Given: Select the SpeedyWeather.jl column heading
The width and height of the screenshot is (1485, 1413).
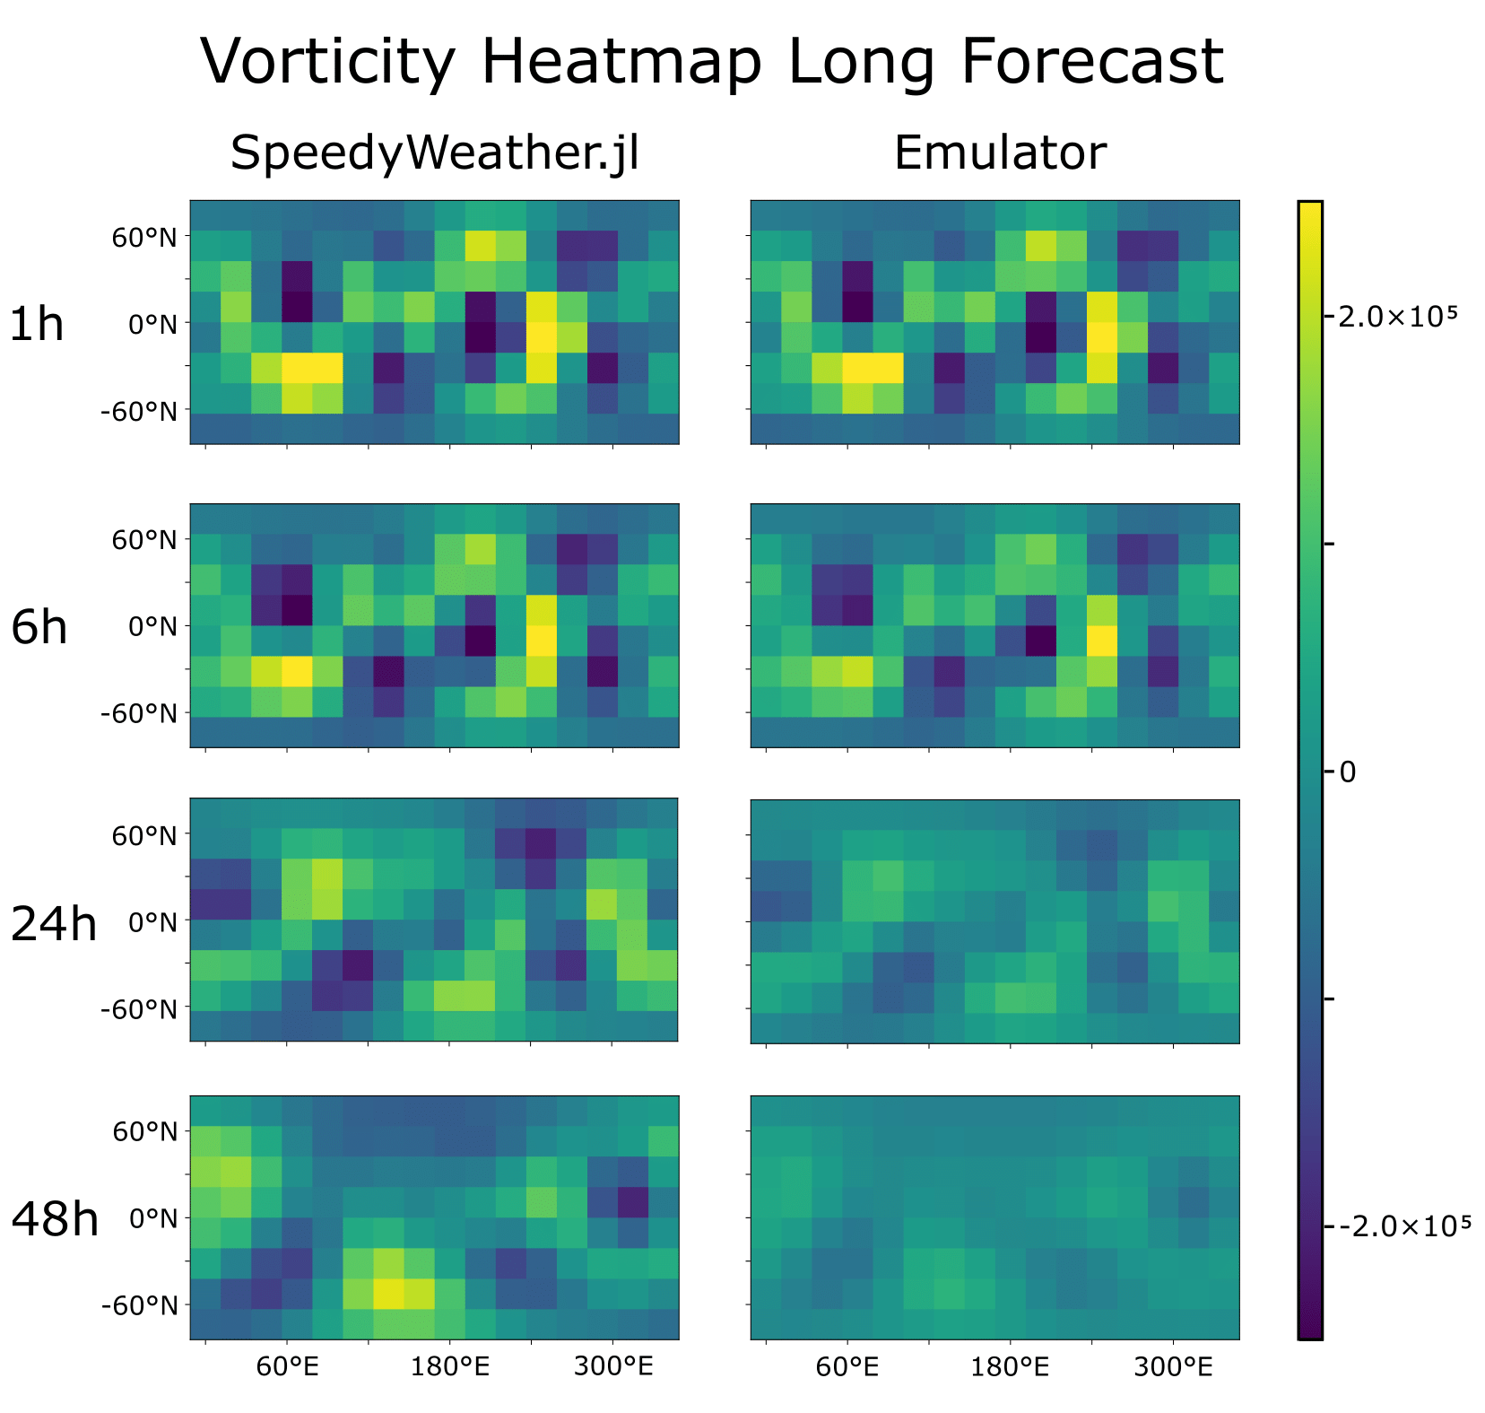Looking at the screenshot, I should coord(434,153).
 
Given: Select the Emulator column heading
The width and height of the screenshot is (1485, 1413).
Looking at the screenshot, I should coord(999,153).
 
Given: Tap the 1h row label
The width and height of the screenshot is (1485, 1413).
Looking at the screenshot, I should coord(37,325).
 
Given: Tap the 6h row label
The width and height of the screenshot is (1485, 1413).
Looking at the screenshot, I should coord(39,628).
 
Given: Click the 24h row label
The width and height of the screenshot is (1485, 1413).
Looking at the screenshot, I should coord(53,924).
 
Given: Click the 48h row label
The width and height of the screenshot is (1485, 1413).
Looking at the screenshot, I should coord(54,1220).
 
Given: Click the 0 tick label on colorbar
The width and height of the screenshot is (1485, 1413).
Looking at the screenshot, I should coord(1348,772).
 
